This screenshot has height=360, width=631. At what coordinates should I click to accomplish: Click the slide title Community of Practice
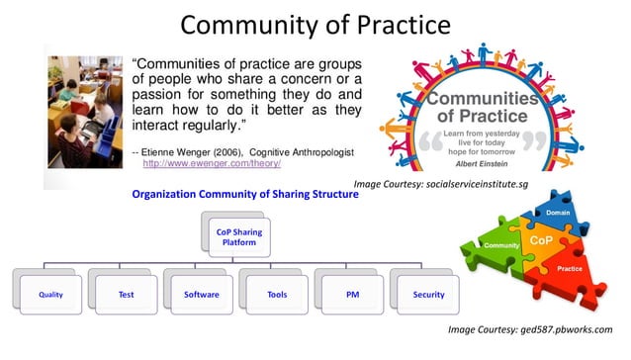click(315, 23)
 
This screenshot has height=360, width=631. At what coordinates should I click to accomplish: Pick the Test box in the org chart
click(127, 294)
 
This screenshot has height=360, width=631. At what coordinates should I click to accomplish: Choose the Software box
click(202, 294)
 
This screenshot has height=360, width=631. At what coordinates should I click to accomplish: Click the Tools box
click(277, 294)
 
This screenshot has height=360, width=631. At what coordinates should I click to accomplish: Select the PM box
click(351, 294)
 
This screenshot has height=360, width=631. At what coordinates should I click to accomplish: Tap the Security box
click(428, 294)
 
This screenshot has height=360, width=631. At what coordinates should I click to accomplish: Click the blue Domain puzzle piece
click(556, 212)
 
